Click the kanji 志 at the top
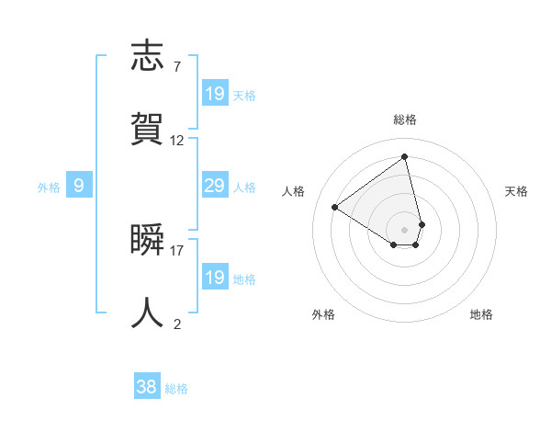149,55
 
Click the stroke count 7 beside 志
176,66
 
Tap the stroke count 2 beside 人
176,324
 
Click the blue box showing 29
215,187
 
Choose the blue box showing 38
147,388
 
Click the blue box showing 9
79,187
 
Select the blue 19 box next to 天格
215,94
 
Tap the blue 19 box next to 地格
215,278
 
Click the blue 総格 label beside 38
176,389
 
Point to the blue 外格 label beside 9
49,188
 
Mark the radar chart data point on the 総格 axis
405,156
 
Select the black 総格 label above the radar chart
405,119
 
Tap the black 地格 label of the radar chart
481,314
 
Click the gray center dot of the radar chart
405,229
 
